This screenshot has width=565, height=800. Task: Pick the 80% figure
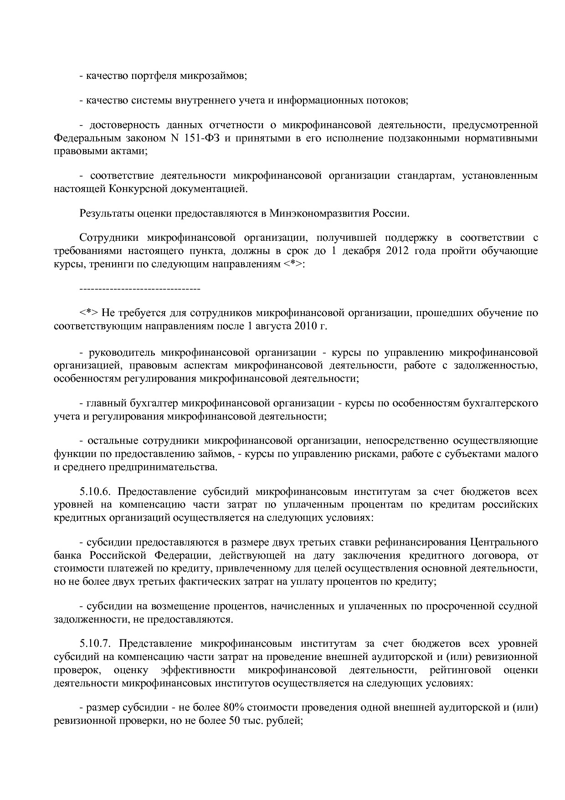[234, 707]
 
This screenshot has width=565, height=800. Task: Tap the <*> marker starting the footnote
[89, 313]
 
